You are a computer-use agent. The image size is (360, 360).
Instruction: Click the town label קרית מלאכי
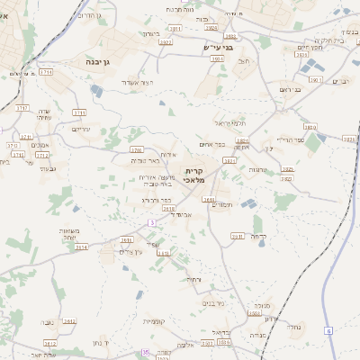click(x=196, y=175)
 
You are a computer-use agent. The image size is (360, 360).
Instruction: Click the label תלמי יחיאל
click(x=229, y=122)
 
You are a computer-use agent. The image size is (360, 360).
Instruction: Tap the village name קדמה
click(x=257, y=236)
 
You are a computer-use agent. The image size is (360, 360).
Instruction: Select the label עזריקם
click(x=81, y=130)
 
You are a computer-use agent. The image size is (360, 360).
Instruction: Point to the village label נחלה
click(x=292, y=328)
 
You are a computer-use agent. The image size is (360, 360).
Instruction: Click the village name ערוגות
click(x=257, y=169)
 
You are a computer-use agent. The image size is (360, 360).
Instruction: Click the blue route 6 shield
click(x=328, y=331)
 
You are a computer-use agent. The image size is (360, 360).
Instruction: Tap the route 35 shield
click(x=145, y=352)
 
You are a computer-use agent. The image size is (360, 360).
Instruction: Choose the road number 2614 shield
click(x=81, y=246)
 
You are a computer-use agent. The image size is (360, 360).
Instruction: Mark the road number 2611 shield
click(x=125, y=240)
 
